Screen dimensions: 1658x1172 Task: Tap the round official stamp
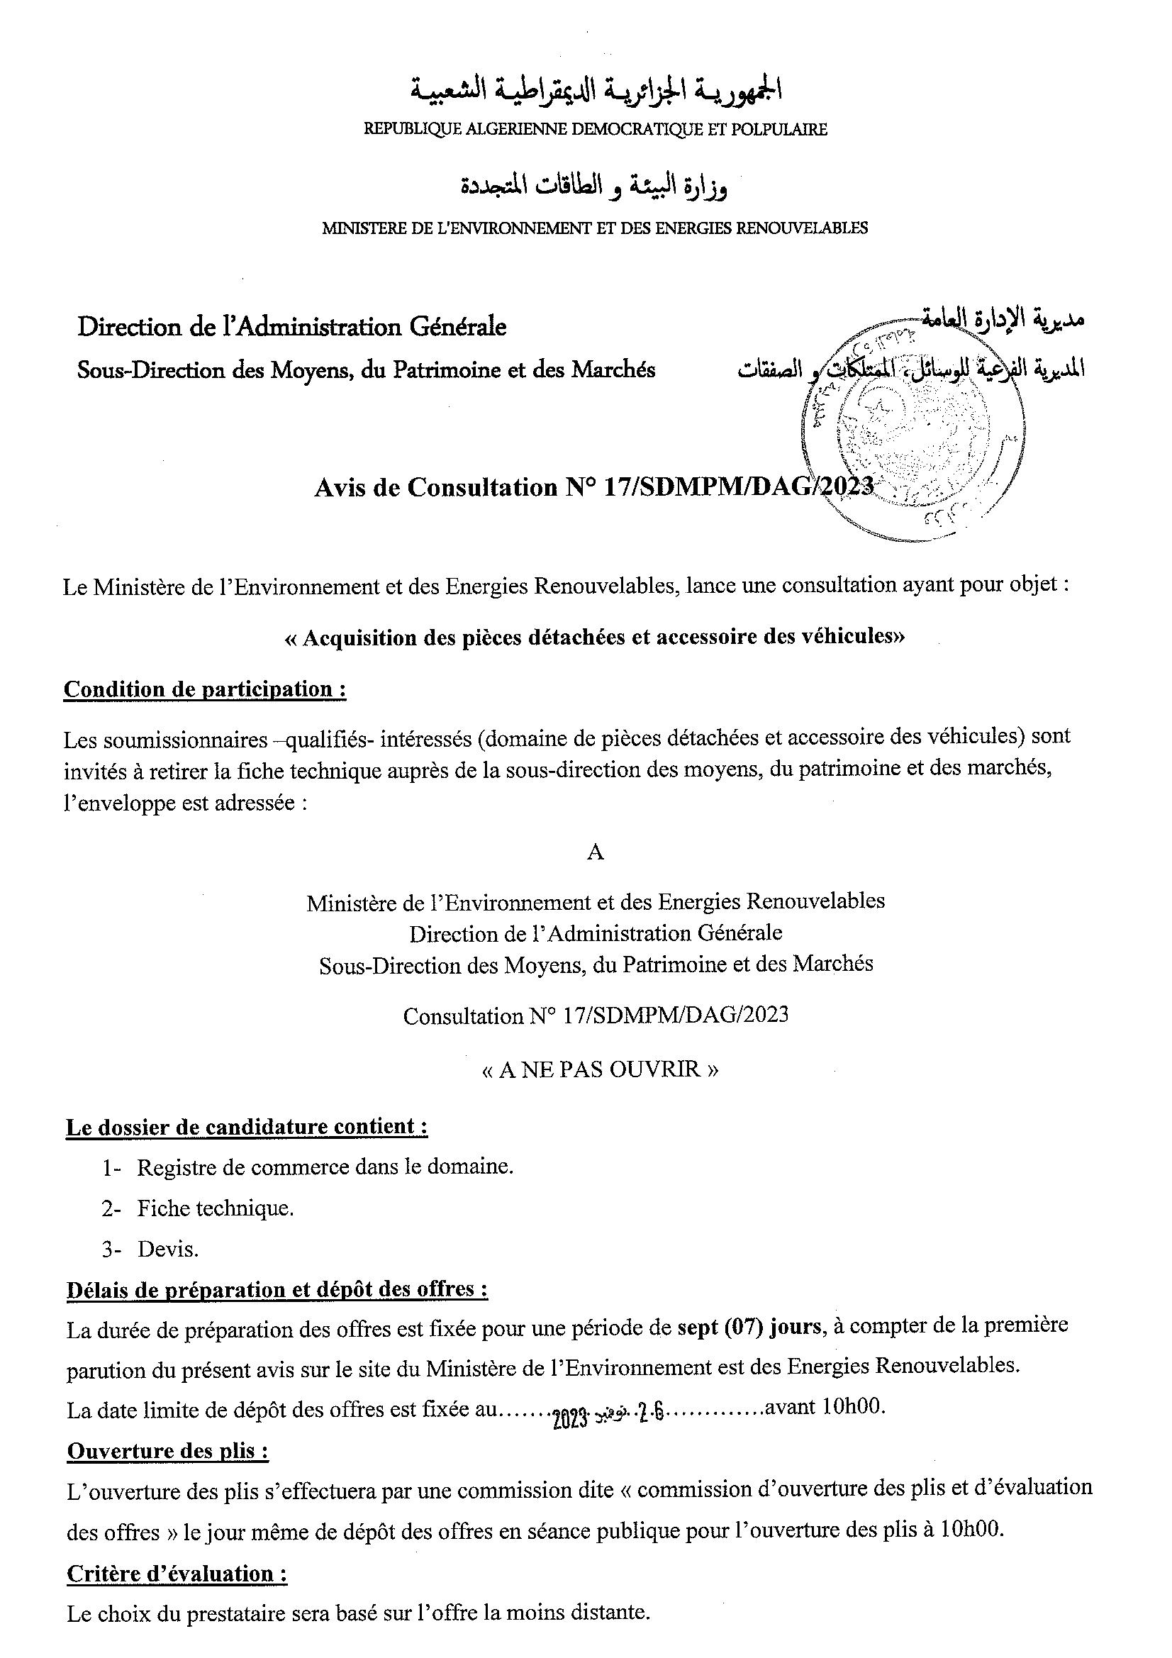(913, 431)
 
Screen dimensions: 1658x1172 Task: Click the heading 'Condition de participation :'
(205, 689)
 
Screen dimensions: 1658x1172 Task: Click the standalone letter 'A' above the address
(595, 853)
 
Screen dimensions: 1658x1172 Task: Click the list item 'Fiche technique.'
(216, 1208)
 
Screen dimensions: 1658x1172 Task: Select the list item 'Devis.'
(167, 1250)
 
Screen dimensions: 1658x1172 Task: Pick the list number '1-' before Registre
(111, 1167)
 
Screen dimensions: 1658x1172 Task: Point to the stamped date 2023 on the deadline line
(571, 1410)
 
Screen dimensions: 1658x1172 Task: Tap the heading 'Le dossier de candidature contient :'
(247, 1128)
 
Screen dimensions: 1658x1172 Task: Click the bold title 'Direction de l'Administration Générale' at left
(291, 327)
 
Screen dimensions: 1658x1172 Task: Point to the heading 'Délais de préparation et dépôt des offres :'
(277, 1290)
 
